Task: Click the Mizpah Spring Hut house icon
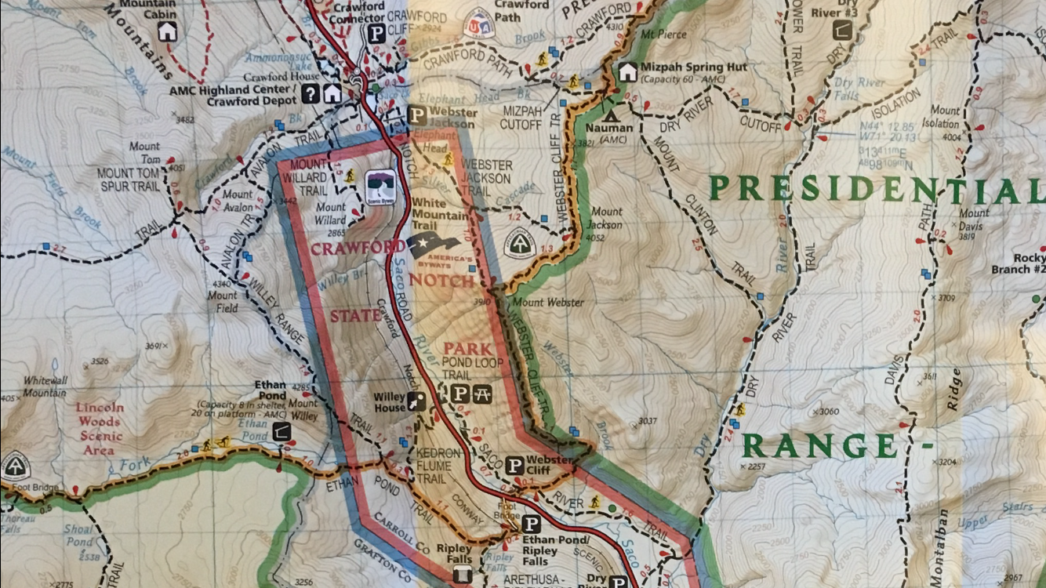coord(627,72)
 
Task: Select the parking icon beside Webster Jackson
coord(417,116)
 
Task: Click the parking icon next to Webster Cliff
coord(514,466)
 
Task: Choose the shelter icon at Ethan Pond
coord(281,430)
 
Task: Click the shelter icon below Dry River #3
coord(842,30)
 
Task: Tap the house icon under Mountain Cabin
coord(167,31)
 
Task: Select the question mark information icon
coord(311,94)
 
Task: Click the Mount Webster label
coord(547,303)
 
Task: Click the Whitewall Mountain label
coord(45,386)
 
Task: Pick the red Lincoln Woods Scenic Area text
coord(100,428)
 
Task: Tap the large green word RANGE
coord(819,446)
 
